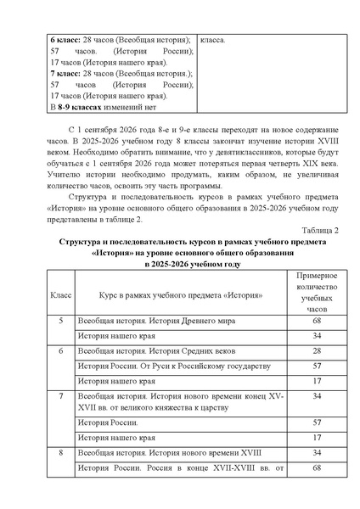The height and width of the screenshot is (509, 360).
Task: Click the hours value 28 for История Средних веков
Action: pyautogui.click(x=315, y=351)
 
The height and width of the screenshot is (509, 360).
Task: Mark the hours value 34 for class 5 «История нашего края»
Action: pyautogui.click(x=315, y=337)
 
